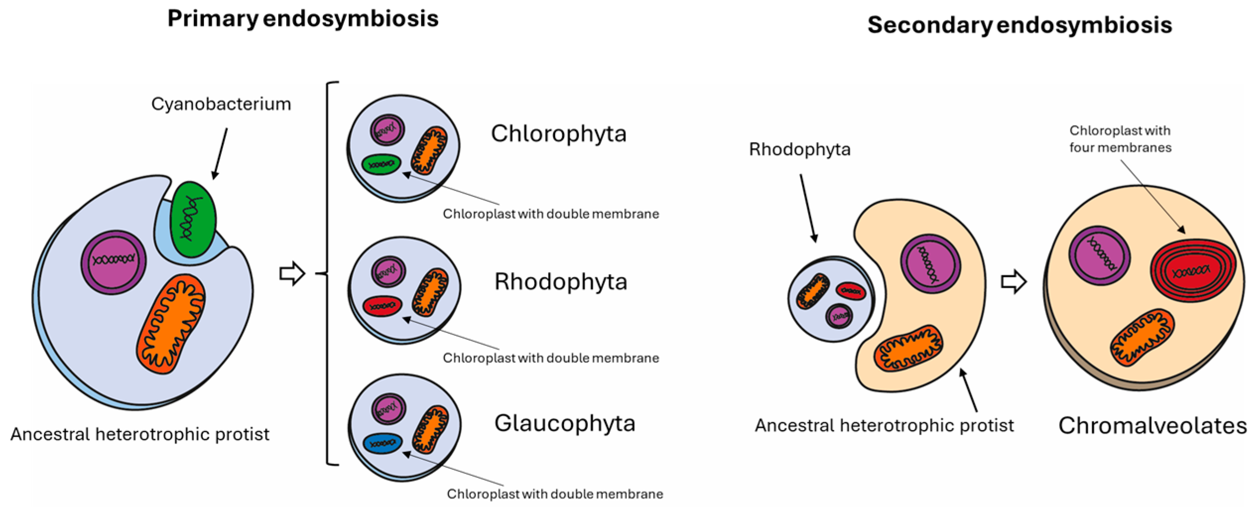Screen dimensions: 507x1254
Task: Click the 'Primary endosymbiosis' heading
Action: pos(303,19)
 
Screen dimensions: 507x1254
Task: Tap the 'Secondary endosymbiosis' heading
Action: pos(1019,25)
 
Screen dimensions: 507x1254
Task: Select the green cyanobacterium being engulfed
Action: pos(193,219)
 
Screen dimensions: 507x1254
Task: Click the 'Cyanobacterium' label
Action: pos(221,104)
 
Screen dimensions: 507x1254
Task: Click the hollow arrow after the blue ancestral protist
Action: pos(292,273)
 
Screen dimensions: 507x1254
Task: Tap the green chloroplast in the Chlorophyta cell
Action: pos(381,164)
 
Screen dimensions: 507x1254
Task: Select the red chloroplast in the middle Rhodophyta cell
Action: pos(382,306)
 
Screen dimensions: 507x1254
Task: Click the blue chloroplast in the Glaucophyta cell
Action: pos(382,444)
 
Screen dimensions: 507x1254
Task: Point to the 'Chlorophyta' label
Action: pos(559,134)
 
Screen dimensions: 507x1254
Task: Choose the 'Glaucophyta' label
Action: pos(564,424)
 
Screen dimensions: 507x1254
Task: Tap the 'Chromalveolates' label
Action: pos(1152,426)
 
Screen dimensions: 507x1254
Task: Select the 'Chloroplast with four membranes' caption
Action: pos(1120,139)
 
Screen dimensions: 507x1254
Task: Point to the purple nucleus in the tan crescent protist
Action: pos(930,263)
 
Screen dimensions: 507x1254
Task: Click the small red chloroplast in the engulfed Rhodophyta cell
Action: pos(850,291)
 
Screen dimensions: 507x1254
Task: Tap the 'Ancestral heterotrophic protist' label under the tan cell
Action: pos(884,426)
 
